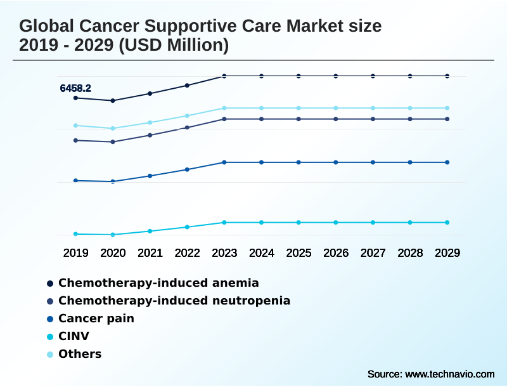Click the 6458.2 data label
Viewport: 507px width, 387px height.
point(75,88)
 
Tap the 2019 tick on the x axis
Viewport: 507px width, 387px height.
point(75,253)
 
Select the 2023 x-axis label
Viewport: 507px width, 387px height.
point(224,253)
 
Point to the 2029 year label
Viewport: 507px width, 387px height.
point(447,253)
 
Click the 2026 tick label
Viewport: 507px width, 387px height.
point(336,253)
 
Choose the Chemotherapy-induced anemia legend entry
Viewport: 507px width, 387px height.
point(158,282)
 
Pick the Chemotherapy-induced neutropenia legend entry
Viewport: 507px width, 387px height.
point(174,300)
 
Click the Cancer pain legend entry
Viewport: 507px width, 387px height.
point(96,318)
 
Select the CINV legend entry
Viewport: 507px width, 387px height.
point(74,336)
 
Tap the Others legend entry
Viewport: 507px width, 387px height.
point(80,353)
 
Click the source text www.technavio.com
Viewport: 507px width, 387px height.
point(449,374)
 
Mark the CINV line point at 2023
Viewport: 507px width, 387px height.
point(224,222)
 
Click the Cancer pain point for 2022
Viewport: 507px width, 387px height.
point(187,169)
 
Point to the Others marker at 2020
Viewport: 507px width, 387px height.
point(113,128)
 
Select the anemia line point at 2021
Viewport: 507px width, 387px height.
point(150,93)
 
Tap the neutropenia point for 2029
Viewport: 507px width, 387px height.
point(447,119)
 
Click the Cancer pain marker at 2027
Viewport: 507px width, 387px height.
point(373,162)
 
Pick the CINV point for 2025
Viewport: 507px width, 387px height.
point(298,222)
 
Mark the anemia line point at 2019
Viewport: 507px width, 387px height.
point(75,98)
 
